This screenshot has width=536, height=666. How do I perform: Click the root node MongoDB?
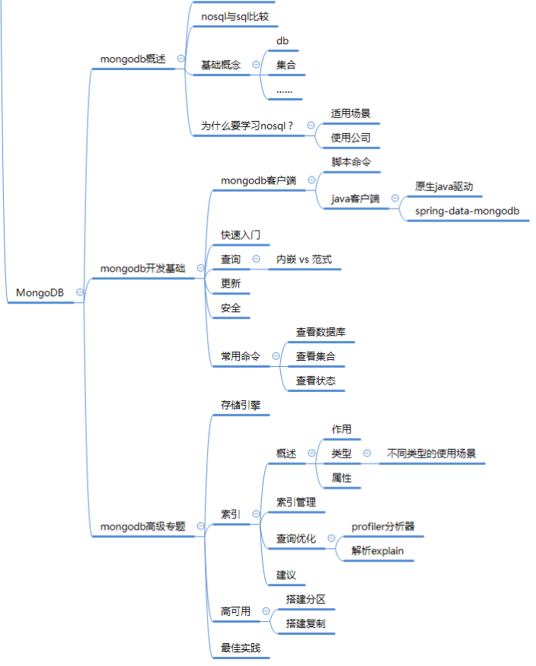coord(40,293)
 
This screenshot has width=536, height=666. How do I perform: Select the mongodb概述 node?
coord(132,59)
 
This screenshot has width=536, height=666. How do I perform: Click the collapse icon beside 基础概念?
coord(256,65)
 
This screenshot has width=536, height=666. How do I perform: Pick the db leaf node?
coord(282,40)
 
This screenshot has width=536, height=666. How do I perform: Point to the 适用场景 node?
coord(350,113)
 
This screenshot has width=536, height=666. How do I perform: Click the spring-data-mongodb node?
coord(467,210)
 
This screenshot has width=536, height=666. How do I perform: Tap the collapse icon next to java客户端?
coord(395,199)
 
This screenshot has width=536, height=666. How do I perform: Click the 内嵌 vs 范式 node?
coord(304,260)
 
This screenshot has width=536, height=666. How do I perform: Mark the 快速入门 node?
coord(241,235)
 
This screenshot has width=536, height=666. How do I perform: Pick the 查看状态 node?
coord(315,381)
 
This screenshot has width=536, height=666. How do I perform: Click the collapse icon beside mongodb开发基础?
coord(200,268)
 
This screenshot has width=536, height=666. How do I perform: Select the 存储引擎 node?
coord(241,405)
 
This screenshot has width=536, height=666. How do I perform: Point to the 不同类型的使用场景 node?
coord(431,454)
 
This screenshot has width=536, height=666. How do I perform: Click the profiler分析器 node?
coord(383,526)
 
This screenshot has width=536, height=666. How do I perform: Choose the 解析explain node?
coord(378,550)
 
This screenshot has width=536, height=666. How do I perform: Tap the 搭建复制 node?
coord(305,623)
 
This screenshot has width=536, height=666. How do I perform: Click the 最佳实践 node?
coord(241,648)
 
